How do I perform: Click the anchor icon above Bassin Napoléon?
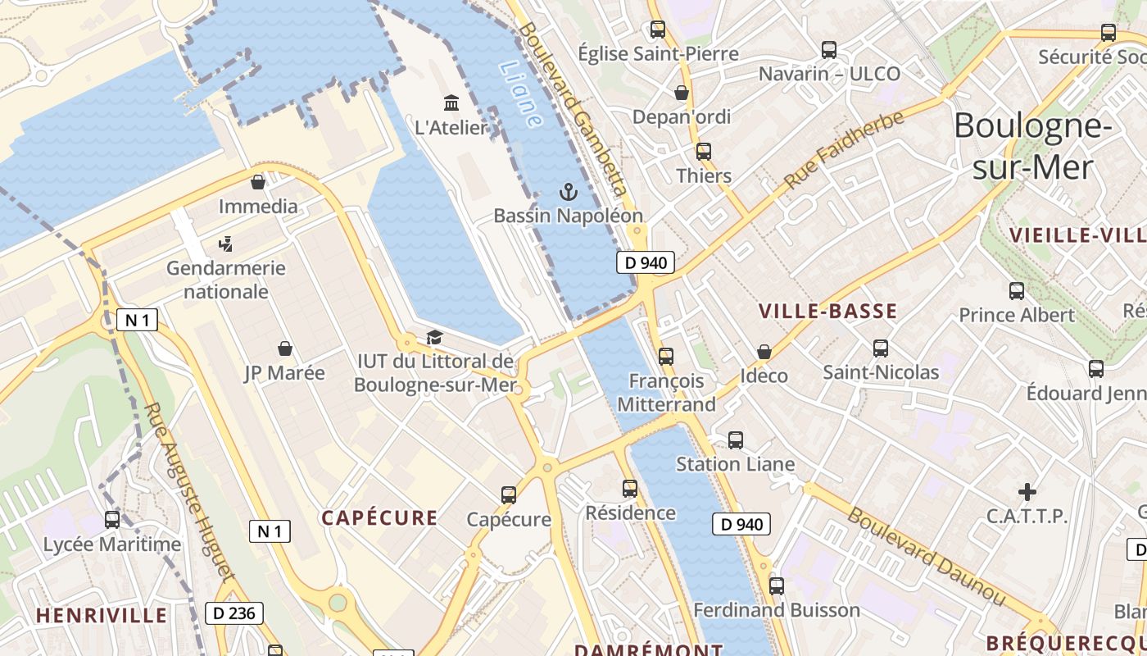tap(568, 193)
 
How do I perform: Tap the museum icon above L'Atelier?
tap(451, 103)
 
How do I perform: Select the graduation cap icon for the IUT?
tap(434, 338)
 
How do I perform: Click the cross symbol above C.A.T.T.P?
tap(1027, 492)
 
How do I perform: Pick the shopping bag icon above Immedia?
tap(258, 182)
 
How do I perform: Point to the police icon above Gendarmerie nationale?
tap(225, 244)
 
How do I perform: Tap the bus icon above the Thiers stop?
tap(703, 152)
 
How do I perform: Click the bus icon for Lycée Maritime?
tap(112, 520)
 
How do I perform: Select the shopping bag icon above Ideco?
tap(764, 352)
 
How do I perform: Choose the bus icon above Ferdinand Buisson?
tap(776, 586)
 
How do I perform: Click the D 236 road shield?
tap(233, 613)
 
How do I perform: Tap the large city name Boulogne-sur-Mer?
tap(1031, 146)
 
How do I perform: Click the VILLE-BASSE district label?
tap(827, 311)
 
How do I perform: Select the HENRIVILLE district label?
tap(102, 615)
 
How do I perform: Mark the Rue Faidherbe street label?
tap(844, 148)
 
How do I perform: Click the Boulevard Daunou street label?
tap(926, 557)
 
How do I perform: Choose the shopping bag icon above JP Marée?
tap(284, 349)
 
